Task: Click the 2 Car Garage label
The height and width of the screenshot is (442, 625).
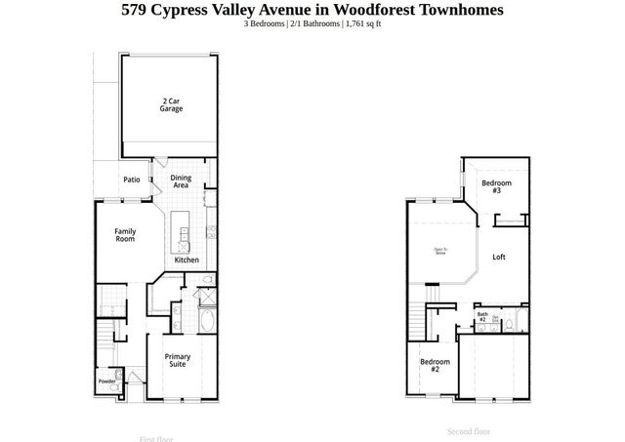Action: [x=172, y=104]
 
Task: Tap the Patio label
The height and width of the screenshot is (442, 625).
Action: [x=132, y=180]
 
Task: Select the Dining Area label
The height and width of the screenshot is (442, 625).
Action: [x=181, y=181]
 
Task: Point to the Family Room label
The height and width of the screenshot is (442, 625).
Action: [x=125, y=235]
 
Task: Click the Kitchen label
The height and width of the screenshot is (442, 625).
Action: [x=187, y=260]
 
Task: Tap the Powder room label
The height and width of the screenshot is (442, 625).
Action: [x=105, y=381]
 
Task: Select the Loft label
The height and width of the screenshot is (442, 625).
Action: [x=499, y=258]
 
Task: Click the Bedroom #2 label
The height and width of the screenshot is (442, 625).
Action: [x=436, y=366]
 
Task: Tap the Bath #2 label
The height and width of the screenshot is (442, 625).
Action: [x=482, y=317]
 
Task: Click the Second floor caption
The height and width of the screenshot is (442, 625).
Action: [x=469, y=430]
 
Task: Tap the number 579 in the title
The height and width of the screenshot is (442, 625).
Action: [x=135, y=10]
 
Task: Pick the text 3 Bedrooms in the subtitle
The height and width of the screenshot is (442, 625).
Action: [x=266, y=23]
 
